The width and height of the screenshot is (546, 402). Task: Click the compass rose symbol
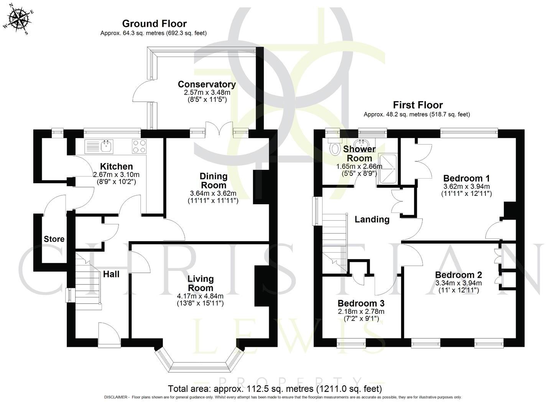tap(19, 18)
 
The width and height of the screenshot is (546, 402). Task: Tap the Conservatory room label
tap(207, 84)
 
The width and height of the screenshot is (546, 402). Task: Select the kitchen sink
tap(106, 145)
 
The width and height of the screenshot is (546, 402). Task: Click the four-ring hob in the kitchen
tap(139, 146)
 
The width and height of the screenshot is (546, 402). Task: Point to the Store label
tap(54, 239)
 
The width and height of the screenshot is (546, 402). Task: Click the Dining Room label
tap(214, 180)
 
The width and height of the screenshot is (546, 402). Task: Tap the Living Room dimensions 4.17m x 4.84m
tap(200, 296)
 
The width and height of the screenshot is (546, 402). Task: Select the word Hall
tap(111, 274)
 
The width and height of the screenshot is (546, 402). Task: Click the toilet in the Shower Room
tap(335, 147)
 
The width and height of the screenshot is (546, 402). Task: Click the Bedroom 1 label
tap(466, 178)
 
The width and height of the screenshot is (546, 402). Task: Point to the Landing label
tap(372, 219)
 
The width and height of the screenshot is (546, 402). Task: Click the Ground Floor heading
tap(154, 24)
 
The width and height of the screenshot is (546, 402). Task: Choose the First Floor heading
tap(418, 105)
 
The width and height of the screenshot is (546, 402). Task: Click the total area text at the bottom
tap(275, 389)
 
